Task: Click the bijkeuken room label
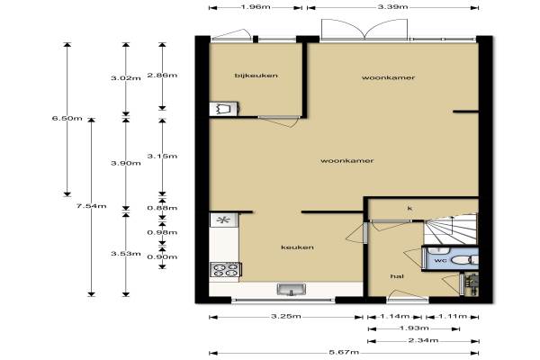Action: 256,76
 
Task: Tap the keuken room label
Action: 297,247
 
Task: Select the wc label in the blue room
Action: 440,260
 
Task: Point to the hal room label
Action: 397,276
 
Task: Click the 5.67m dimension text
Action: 344,352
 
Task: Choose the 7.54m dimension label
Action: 91,206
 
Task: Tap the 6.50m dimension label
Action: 67,118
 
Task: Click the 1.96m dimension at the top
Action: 256,6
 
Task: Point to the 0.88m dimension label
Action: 162,208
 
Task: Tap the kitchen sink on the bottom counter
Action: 292,290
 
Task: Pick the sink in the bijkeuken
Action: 224,109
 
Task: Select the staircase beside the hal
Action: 450,229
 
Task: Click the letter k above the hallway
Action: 409,209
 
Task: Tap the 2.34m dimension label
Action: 423,340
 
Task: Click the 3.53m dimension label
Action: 126,254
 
